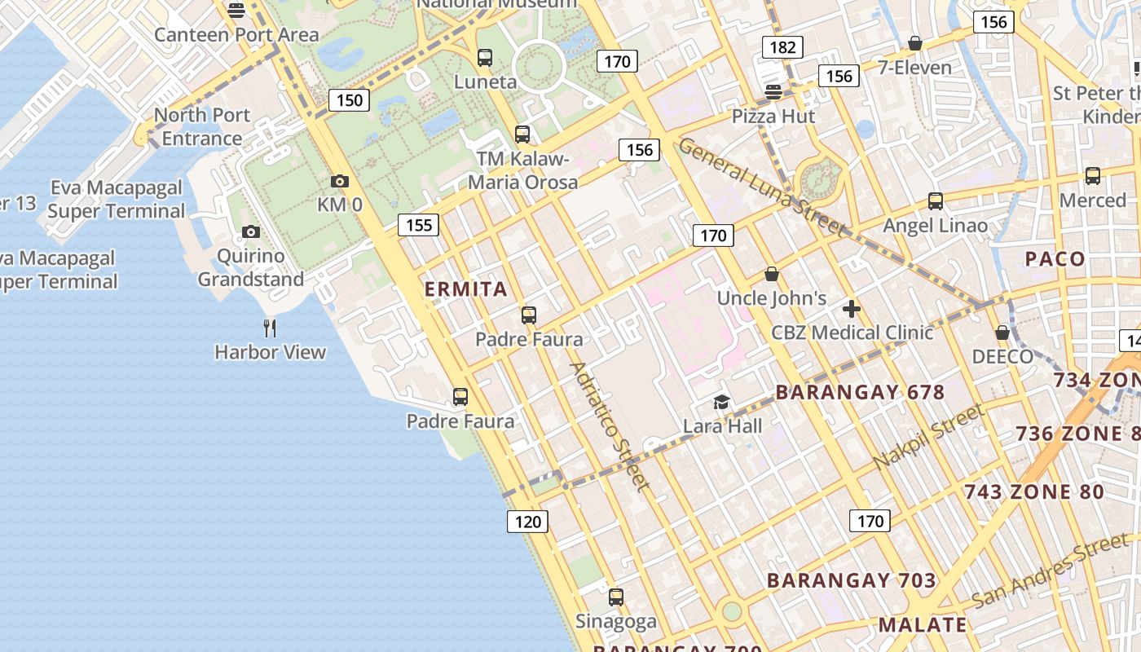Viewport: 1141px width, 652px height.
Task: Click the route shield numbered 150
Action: (350, 100)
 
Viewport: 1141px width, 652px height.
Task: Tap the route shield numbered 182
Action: (782, 47)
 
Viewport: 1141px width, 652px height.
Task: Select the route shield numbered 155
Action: (419, 225)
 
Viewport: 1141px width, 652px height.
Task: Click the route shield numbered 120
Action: (528, 522)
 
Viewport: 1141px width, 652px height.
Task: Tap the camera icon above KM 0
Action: (340, 182)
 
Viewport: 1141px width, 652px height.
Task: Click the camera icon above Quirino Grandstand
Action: (251, 232)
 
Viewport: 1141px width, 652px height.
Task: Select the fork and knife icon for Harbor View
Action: (270, 328)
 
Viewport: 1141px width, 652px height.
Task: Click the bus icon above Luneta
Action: (485, 58)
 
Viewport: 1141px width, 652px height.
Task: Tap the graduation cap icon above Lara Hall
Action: (721, 402)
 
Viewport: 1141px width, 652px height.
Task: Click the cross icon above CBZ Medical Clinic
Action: (852, 309)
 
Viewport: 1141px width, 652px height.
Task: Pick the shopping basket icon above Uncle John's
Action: (772, 275)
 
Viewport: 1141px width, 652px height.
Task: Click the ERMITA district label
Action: (466, 289)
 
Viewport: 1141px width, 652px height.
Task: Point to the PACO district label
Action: (1055, 259)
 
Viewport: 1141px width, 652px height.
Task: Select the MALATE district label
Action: (923, 625)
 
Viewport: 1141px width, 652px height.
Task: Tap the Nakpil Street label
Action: (927, 438)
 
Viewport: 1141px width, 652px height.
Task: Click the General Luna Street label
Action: (762, 187)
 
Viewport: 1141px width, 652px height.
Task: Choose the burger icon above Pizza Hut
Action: (773, 91)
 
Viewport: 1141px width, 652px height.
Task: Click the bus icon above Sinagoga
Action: (616, 597)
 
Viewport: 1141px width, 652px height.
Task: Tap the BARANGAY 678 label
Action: (860, 392)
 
